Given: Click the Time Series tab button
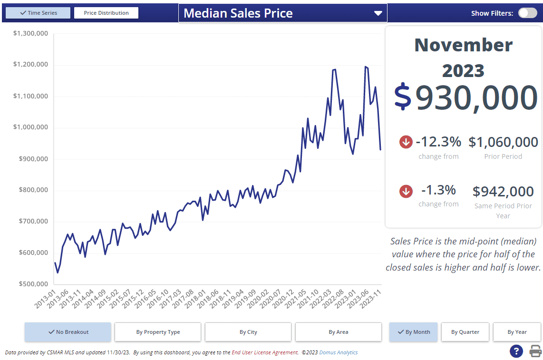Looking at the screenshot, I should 38,13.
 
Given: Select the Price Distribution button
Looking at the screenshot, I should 106,13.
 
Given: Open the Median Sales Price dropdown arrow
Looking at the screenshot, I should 378,13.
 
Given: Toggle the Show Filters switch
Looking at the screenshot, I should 527,13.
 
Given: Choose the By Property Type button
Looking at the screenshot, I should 158,332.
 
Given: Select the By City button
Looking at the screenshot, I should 248,332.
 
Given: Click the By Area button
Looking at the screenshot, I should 338,332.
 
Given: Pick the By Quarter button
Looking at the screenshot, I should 465,332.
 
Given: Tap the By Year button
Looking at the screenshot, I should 517,332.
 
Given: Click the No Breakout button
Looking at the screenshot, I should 68,332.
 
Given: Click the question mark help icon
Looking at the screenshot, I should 516,351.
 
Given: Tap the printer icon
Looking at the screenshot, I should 536,351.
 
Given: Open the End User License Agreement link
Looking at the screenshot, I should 265,353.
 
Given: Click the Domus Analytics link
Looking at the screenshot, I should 338,353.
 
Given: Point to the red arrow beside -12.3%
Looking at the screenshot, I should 406,142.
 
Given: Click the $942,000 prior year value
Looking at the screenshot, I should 503,191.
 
